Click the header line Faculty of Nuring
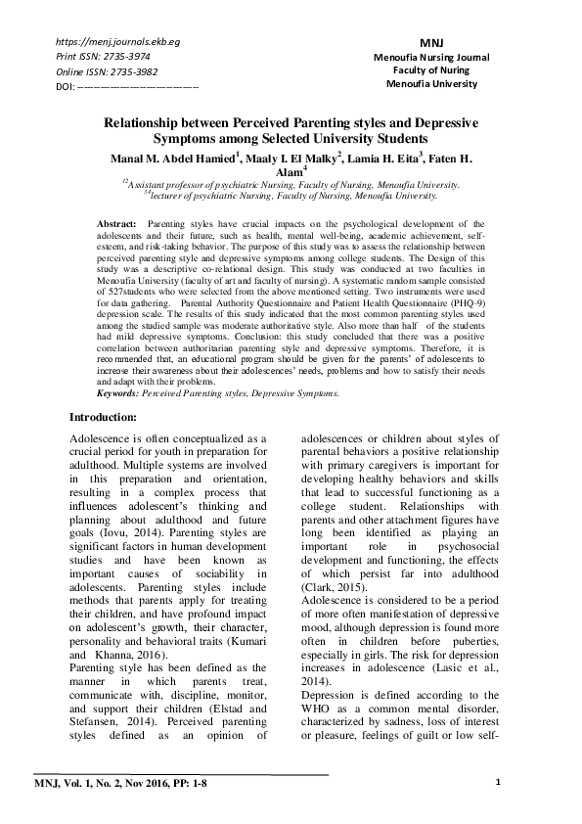(x=431, y=71)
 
